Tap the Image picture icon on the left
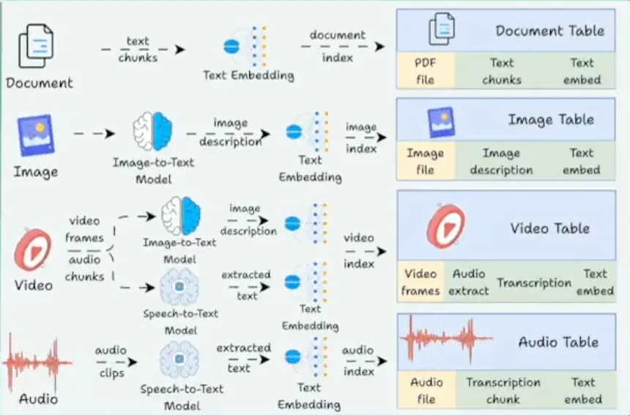click(34, 136)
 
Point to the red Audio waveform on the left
click(37, 361)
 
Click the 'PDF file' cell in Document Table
click(426, 71)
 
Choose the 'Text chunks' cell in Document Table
click(502, 71)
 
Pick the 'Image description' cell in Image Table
click(501, 161)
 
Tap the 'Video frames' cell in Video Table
click(420, 282)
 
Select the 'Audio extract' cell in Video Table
click(469, 282)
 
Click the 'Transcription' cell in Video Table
click(534, 283)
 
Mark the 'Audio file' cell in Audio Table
click(426, 390)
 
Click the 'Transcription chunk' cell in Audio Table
click(503, 390)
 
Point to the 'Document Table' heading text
click(549, 31)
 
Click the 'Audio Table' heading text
click(558, 342)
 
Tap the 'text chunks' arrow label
click(138, 49)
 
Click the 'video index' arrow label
click(359, 250)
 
